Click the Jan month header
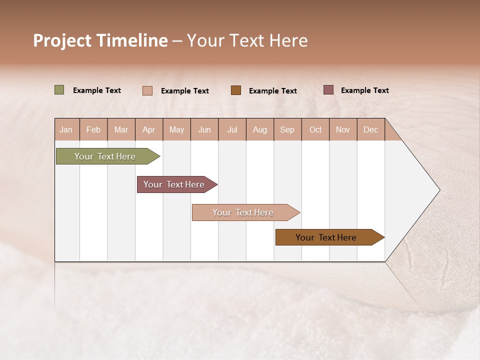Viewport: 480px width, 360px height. pyautogui.click(x=66, y=129)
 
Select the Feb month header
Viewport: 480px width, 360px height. pyautogui.click(x=93, y=129)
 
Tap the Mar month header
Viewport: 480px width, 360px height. pyautogui.click(x=121, y=129)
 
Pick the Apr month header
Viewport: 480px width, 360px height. pyautogui.click(x=149, y=129)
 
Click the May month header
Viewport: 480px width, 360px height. pyautogui.click(x=176, y=129)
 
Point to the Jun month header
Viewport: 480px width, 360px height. pyautogui.click(x=204, y=129)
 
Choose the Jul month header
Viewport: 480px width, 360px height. pyautogui.click(x=232, y=129)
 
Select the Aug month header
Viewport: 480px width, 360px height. pyautogui.click(x=260, y=129)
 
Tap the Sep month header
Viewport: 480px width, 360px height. pyautogui.click(x=287, y=129)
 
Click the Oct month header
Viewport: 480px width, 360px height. pyautogui.click(x=315, y=129)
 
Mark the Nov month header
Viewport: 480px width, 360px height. pyautogui.click(x=343, y=129)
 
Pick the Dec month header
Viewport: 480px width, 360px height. pyautogui.click(x=371, y=129)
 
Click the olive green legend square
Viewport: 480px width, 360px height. pyautogui.click(x=59, y=90)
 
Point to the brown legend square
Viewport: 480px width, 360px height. pyautogui.click(x=236, y=90)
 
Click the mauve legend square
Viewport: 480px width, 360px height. pyautogui.click(x=328, y=90)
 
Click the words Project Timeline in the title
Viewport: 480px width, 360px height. pyautogui.click(x=100, y=40)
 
